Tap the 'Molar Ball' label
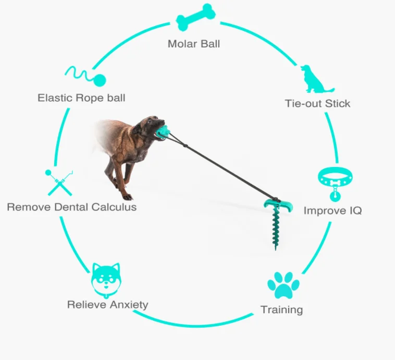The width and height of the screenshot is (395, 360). (194, 44)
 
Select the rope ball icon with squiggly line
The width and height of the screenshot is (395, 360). (85, 77)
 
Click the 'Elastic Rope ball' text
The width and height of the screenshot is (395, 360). (81, 98)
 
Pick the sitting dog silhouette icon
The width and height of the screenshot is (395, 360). (316, 79)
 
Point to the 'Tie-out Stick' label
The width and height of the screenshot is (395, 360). (317, 103)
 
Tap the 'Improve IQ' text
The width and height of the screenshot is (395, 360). (332, 211)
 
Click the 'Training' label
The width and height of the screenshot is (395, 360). (281, 310)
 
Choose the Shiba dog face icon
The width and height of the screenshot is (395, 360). (106, 279)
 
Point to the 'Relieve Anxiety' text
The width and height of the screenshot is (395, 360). (108, 305)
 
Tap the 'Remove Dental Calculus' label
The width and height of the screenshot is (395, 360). (72, 207)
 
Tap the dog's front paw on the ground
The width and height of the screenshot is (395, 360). (127, 196)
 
